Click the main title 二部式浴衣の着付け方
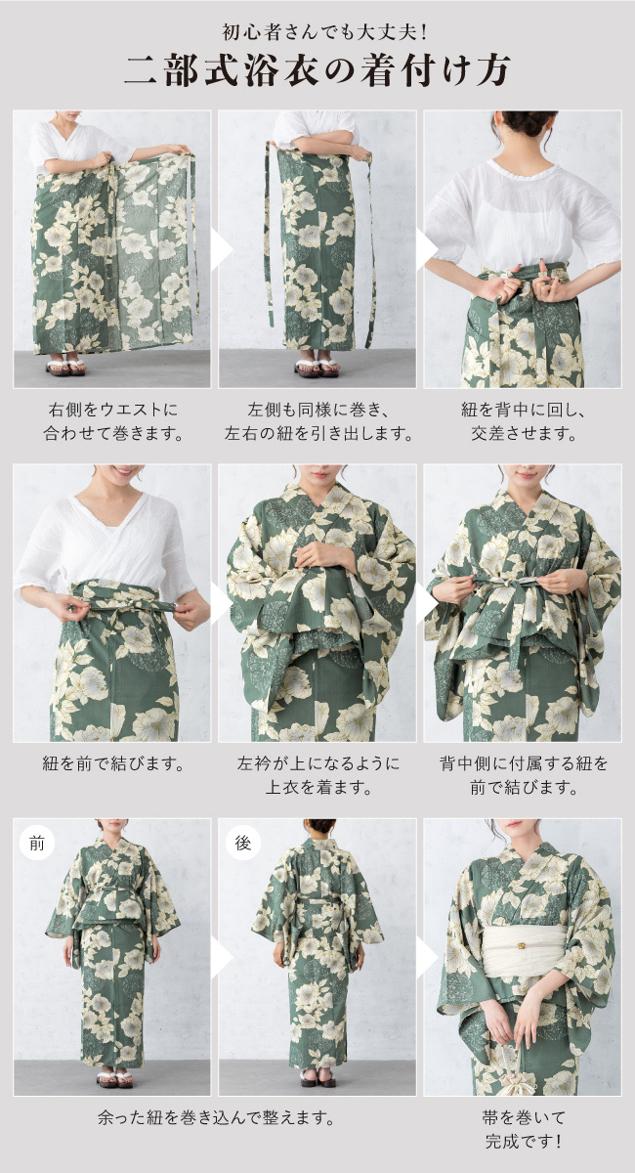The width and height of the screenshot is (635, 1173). click(317, 70)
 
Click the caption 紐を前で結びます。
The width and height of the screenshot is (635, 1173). click(113, 764)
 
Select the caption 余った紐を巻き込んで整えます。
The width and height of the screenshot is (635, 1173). click(216, 1118)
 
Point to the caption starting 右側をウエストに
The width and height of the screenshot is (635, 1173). click(113, 421)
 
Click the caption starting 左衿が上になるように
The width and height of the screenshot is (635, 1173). click(317, 775)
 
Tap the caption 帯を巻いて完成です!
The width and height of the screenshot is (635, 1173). click(523, 1130)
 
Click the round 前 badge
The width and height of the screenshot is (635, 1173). click(37, 844)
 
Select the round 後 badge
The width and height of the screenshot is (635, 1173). click(242, 843)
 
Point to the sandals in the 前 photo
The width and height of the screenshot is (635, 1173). click(114, 1080)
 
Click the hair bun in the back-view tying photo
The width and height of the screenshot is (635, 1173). click(527, 123)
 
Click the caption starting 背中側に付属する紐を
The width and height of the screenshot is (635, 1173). click(523, 775)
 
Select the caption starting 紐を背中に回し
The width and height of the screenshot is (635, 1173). click(523, 421)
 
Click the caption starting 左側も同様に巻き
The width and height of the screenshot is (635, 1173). click(317, 421)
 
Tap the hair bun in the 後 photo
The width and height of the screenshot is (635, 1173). click(319, 826)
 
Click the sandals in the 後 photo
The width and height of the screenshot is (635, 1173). click(318, 1080)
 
